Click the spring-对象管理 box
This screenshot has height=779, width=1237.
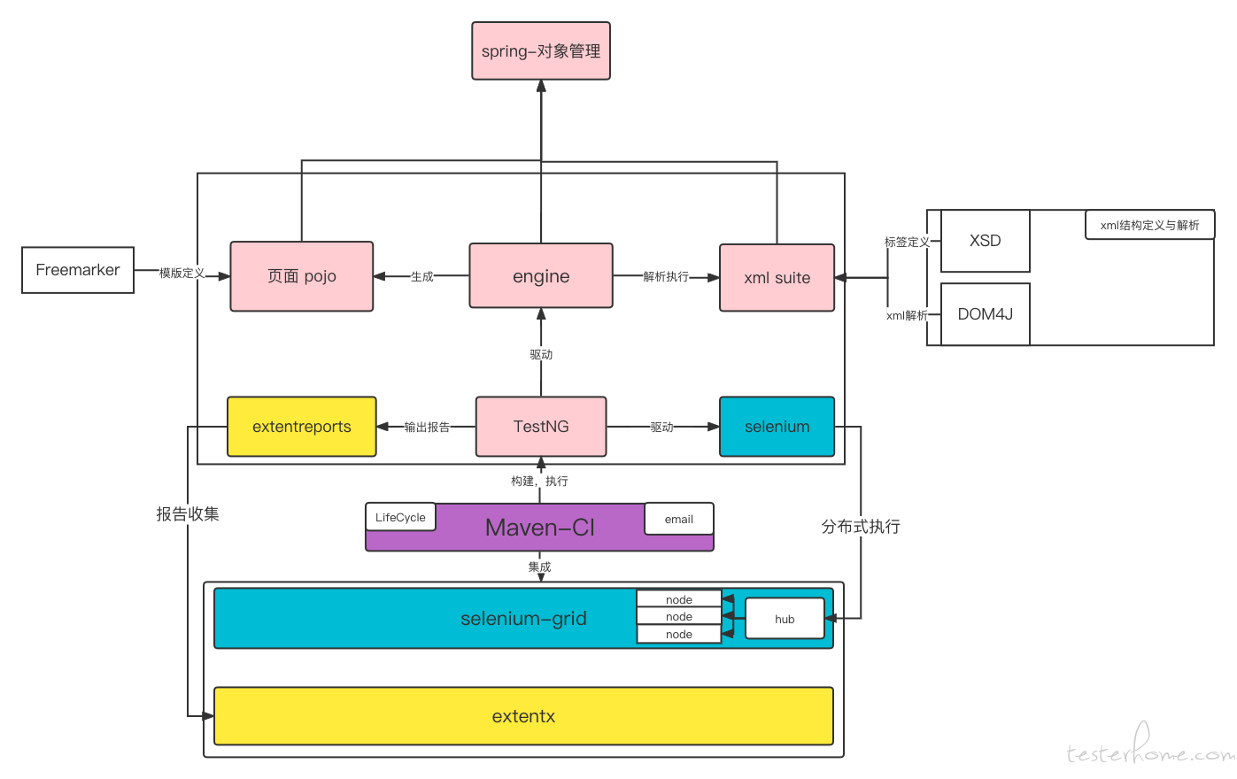[x=541, y=50]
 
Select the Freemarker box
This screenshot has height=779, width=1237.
[x=78, y=270]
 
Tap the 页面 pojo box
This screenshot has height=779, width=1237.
[x=302, y=276]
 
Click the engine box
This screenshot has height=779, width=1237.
[x=541, y=275]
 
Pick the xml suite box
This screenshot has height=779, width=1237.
[x=777, y=278]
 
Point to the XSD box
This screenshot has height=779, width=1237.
[x=986, y=241]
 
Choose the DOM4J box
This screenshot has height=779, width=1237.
[x=986, y=314]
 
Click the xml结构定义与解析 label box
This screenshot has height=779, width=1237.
[x=1149, y=225]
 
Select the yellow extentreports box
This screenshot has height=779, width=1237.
[x=302, y=426]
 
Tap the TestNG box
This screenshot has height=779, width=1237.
[x=541, y=426]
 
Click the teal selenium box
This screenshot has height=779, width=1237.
[x=777, y=426]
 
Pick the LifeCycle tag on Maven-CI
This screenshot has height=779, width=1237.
[x=400, y=517]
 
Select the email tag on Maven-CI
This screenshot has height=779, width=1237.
[x=678, y=519]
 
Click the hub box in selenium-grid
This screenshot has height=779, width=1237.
[x=785, y=619]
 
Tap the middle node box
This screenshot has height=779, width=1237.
[x=678, y=616]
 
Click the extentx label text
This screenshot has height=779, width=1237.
[x=523, y=716]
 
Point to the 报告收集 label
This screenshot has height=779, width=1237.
[x=188, y=514]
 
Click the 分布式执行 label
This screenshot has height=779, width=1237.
[x=861, y=527]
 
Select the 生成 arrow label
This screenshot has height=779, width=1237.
[x=421, y=276]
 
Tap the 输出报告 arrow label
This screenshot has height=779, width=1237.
[x=427, y=427]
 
